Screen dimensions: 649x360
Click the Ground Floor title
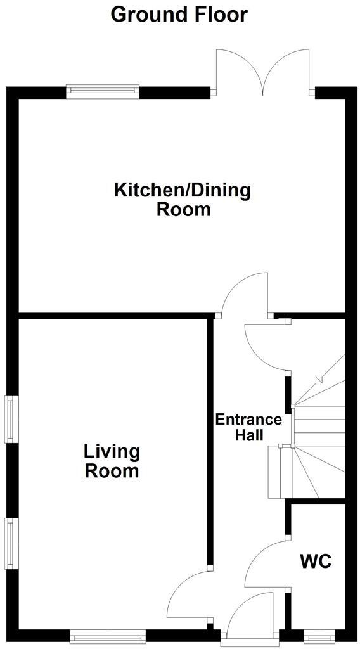[179, 14]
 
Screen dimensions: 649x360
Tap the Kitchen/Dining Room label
[183, 199]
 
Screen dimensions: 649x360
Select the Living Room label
[112, 461]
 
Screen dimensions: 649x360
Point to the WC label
[316, 562]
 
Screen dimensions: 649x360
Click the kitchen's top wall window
[103, 91]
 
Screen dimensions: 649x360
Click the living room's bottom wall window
[108, 634]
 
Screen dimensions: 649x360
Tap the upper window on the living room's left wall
[11, 419]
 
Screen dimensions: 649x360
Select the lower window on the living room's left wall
[11, 543]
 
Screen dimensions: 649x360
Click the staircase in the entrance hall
[317, 437]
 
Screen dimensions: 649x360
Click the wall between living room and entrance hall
[210, 444]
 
